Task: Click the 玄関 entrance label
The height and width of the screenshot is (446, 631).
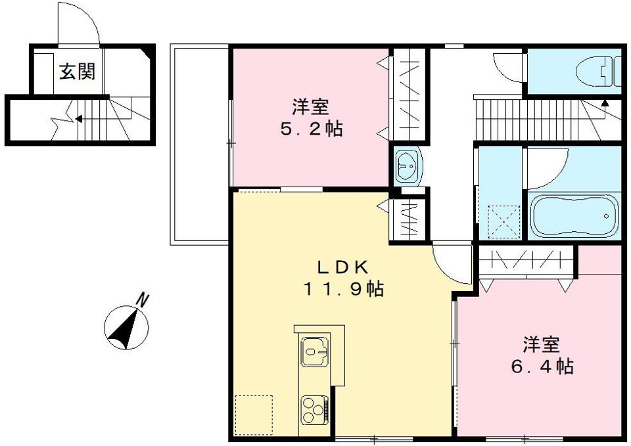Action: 77,71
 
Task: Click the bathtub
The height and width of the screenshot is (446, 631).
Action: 574,215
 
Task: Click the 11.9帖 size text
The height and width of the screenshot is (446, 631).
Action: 344,289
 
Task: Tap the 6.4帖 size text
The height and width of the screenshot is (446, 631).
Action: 542,366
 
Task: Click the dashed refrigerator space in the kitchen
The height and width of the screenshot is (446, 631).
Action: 254,414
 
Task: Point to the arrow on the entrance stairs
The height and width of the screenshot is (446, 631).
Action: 78,119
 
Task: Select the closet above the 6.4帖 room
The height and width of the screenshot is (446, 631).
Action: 525,261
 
